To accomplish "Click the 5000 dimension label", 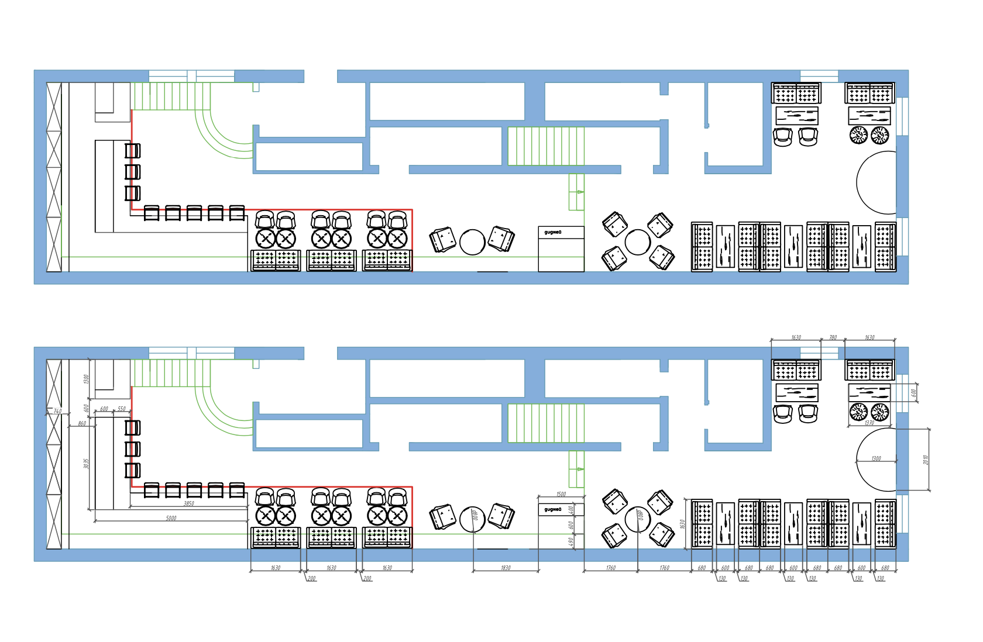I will pyautogui.click(x=171, y=518).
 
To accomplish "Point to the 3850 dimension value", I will pyautogui.click(x=188, y=503).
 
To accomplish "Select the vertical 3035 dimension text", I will pyautogui.click(x=86, y=463).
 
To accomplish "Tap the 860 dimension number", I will pyautogui.click(x=82, y=423).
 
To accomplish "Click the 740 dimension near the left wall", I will pyautogui.click(x=57, y=411).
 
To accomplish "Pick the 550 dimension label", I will pyautogui.click(x=122, y=409).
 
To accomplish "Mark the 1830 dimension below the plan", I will pyautogui.click(x=506, y=568).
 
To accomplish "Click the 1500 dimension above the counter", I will pyautogui.click(x=561, y=494).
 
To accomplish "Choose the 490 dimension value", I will pyautogui.click(x=571, y=541).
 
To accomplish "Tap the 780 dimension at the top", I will pyautogui.click(x=833, y=337).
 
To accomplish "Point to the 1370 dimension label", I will pyautogui.click(x=869, y=423).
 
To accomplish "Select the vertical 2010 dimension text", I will pyautogui.click(x=926, y=460).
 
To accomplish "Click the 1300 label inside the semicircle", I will pyautogui.click(x=876, y=458).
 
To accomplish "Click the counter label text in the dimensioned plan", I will pyautogui.click(x=552, y=509).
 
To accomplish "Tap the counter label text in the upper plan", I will pyautogui.click(x=552, y=232).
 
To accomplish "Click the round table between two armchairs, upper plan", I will pyautogui.click(x=472, y=242).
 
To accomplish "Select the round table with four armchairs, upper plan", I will pyautogui.click(x=637, y=242).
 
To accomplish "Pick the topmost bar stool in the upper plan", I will pyautogui.click(x=133, y=151).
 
